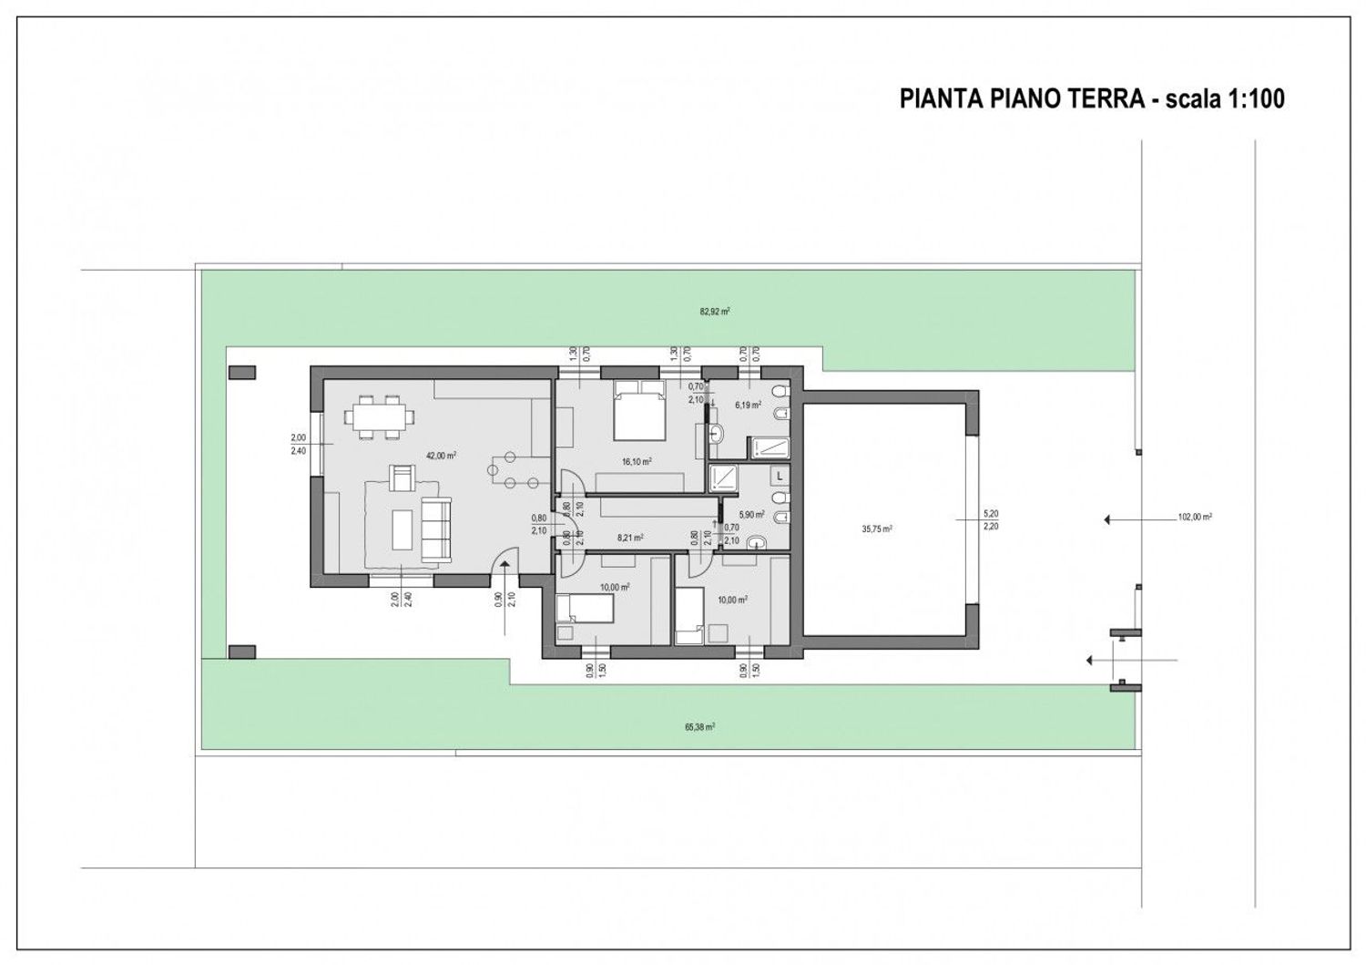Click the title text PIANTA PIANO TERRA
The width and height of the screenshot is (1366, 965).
(1022, 98)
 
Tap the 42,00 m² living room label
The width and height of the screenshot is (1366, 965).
(441, 456)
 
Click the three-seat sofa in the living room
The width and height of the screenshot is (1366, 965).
(435, 529)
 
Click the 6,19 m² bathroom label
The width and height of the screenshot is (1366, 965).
(748, 406)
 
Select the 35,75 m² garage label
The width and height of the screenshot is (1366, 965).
(877, 529)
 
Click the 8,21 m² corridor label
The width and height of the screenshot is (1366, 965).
(630, 538)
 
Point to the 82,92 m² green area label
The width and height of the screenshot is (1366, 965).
(715, 312)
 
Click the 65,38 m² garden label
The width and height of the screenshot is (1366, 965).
(699, 727)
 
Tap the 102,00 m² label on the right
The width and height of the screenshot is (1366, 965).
(1194, 517)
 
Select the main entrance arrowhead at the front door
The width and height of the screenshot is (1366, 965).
(503, 567)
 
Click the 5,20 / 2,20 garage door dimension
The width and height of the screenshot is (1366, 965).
(991, 519)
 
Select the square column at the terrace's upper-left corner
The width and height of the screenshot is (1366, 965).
(241, 373)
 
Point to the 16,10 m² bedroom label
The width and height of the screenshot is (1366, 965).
(636, 462)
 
